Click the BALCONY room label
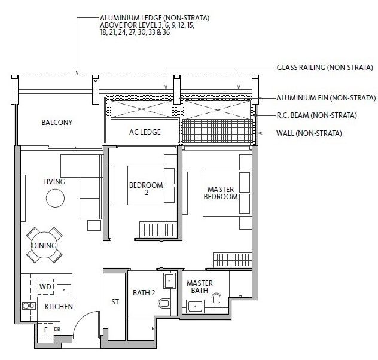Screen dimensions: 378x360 pyautogui.click(x=57, y=123)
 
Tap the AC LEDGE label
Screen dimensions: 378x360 pyautogui.click(x=145, y=132)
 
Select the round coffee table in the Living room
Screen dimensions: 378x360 pyautogui.click(x=55, y=198)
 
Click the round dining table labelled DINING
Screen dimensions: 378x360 pyautogui.click(x=44, y=245)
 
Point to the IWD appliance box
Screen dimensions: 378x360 pyautogui.click(x=46, y=286)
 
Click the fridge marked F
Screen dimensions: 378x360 pyautogui.click(x=46, y=330)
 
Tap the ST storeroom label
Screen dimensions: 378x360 pyautogui.click(x=115, y=301)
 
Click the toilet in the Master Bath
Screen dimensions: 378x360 pyautogui.click(x=217, y=300)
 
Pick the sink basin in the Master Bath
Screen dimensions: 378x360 pyautogui.click(x=195, y=306)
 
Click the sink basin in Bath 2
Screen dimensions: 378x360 pyautogui.click(x=169, y=280)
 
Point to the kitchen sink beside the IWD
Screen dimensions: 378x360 pyautogui.click(x=64, y=289)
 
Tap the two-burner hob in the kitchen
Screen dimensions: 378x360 pyautogui.click(x=29, y=306)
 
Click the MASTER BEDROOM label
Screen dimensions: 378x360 pyautogui.click(x=221, y=193)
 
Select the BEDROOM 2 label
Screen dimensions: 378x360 pyautogui.click(x=146, y=189)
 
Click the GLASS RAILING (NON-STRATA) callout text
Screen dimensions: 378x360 pyautogui.click(x=325, y=68)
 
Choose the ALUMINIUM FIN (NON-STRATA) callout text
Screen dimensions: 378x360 pyautogui.click(x=326, y=98)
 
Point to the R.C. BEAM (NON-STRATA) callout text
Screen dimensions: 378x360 pyautogui.click(x=316, y=115)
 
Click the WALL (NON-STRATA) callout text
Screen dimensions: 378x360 pyautogui.click(x=309, y=133)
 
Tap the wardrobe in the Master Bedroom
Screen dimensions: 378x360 pyautogui.click(x=233, y=260)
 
